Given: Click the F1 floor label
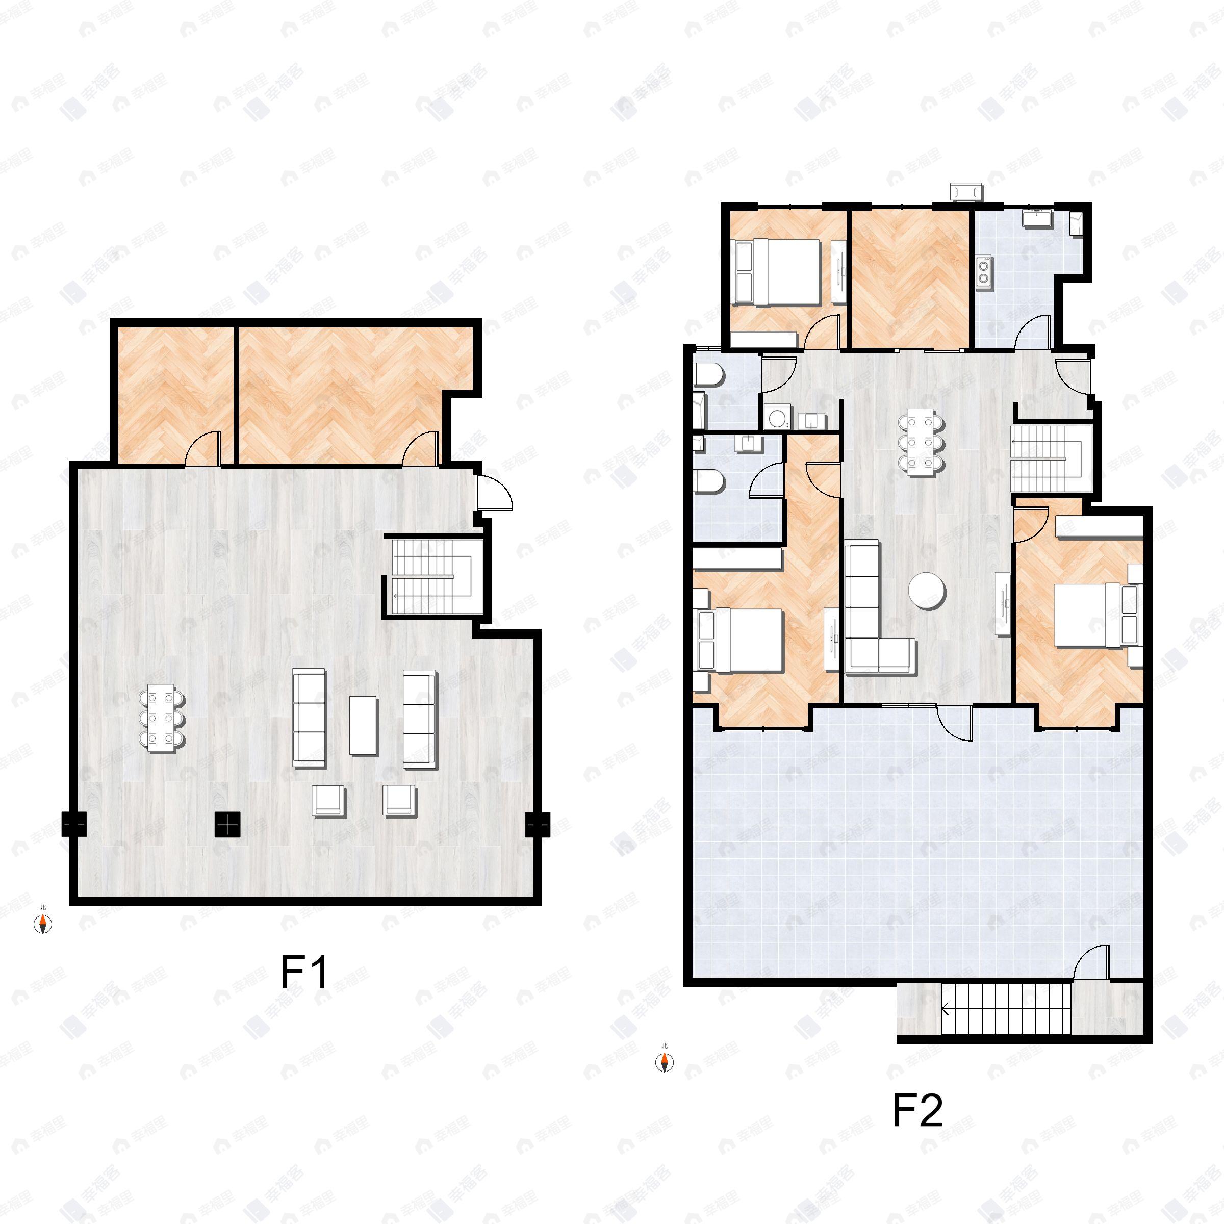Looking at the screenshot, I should tap(304, 973).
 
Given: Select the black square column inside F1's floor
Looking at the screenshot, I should tap(228, 824).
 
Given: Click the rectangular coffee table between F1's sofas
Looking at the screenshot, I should tap(363, 725).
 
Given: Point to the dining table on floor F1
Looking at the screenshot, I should tap(162, 718).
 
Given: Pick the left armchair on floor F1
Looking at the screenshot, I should tap(329, 801).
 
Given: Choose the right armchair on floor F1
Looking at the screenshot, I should tap(399, 800).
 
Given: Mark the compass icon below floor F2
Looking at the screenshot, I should tap(664, 1062).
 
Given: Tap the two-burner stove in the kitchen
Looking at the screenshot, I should tap(984, 272).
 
